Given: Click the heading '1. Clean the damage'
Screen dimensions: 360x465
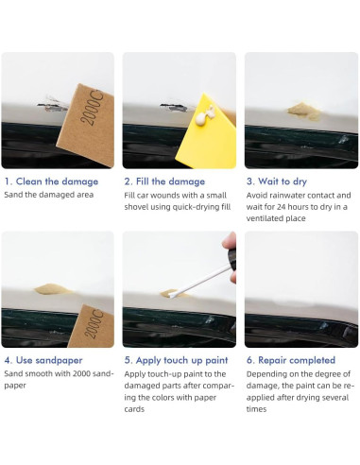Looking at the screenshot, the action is point(51,181).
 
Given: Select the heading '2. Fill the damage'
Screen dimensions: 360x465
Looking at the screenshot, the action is point(164,181).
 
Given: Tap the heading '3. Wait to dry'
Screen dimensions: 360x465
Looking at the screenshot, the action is point(277,181).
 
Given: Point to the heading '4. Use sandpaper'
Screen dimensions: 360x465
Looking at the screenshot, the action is point(43,360).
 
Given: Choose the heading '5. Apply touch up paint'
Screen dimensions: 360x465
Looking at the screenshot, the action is point(176,360).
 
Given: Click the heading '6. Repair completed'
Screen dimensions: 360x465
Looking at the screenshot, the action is point(291,360).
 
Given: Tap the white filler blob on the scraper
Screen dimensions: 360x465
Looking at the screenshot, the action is point(205,115).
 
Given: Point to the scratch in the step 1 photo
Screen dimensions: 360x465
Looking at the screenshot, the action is point(52,105).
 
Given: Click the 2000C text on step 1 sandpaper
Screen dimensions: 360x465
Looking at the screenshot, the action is point(92,107).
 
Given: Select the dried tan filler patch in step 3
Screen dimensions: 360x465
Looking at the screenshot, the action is point(304,111).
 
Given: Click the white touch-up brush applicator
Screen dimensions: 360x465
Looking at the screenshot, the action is point(200,282).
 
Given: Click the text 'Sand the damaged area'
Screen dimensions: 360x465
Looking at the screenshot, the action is point(49,195).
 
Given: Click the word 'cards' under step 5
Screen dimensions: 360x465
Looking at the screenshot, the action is point(134,409).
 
